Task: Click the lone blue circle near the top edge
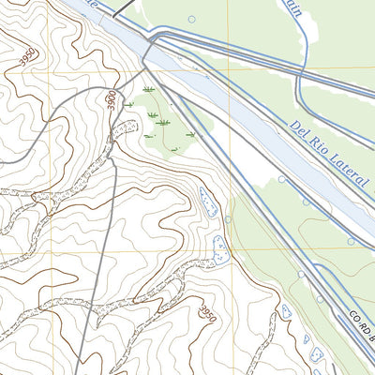point(192,19)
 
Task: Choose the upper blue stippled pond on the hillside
point(207,201)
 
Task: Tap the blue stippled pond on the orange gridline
point(221,249)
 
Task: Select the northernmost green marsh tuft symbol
point(147,90)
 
